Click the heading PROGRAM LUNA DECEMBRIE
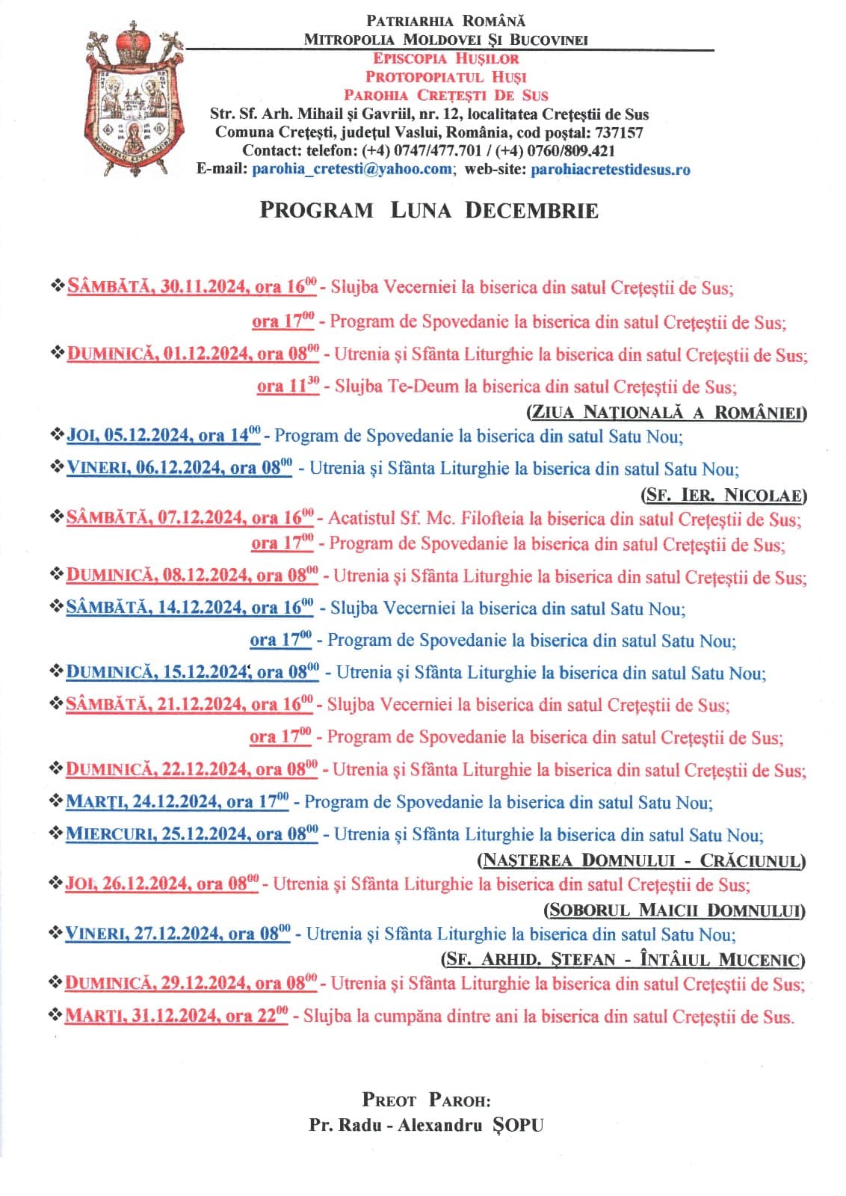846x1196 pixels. [428, 210]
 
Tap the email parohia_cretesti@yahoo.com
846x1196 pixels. [352, 169]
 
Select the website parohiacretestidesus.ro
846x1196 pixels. [610, 169]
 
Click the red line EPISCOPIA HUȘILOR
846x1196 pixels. [445, 58]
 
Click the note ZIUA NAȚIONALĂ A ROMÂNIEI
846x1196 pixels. [667, 412]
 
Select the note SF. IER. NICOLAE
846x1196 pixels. [723, 495]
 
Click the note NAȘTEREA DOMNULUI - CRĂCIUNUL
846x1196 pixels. [641, 860]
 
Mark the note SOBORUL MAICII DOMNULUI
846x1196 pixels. [674, 910]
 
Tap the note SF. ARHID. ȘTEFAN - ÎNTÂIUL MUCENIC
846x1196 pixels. [623, 959]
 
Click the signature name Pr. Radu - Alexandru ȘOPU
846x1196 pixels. [426, 1125]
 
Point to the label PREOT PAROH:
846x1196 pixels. [426, 1100]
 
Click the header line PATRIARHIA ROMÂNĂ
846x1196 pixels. [445, 21]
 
